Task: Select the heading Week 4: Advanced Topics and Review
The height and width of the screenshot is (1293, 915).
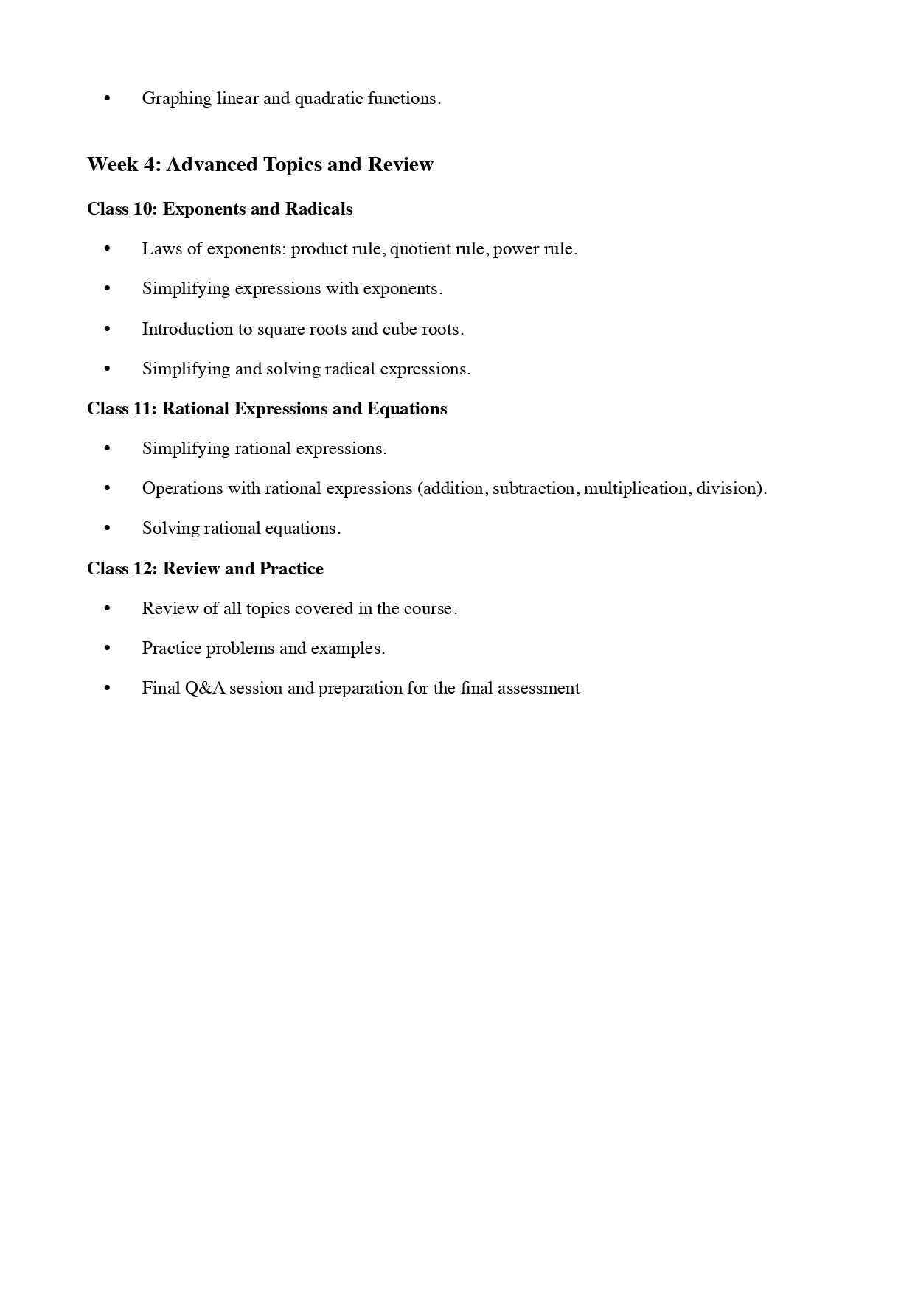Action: coord(260,164)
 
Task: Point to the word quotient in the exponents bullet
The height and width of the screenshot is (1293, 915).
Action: coord(417,249)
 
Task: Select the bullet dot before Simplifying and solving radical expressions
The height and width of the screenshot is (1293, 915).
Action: coord(108,369)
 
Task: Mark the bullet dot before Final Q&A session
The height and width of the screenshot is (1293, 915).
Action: coord(108,689)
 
